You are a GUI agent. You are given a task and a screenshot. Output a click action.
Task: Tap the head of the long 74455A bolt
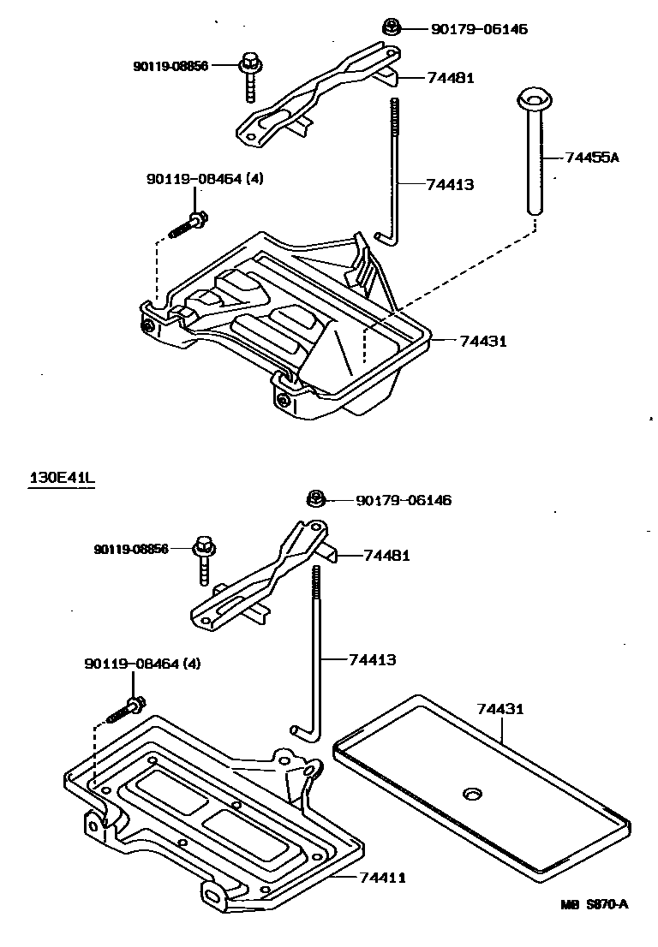click(x=533, y=99)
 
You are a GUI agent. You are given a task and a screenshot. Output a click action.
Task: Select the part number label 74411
click(x=382, y=878)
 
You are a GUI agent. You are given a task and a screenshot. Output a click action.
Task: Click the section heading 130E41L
click(x=62, y=478)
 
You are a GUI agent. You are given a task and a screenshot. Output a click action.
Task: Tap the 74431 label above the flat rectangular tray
click(x=499, y=710)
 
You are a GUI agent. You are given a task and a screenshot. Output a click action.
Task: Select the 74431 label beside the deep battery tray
click(x=483, y=341)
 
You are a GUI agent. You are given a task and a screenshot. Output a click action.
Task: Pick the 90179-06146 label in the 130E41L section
click(x=403, y=500)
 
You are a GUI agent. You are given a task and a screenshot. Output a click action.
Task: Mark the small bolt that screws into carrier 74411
click(x=126, y=711)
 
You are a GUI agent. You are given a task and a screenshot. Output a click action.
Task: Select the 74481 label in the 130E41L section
click(x=386, y=556)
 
